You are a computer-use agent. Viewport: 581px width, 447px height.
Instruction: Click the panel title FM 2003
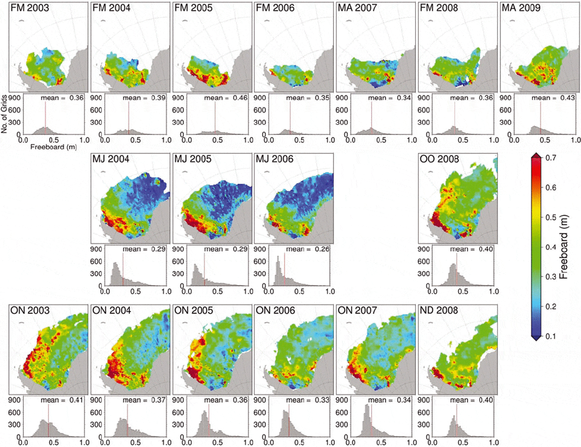click(x=29, y=8)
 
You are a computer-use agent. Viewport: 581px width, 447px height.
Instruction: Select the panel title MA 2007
click(x=357, y=8)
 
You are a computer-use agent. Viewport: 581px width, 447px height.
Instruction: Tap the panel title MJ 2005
click(x=193, y=159)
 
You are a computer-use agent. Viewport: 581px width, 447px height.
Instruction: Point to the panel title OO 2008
click(x=439, y=159)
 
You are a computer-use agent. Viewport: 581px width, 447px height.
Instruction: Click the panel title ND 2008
click(x=439, y=310)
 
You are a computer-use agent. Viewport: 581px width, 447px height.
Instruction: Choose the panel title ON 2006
click(x=275, y=310)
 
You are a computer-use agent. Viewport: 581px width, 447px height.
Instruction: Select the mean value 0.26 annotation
click(x=322, y=249)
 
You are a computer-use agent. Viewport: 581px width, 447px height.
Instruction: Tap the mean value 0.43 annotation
click(x=567, y=98)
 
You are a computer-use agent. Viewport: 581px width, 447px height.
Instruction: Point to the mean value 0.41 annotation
click(x=76, y=400)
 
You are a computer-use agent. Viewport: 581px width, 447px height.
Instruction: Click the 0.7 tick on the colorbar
click(x=551, y=158)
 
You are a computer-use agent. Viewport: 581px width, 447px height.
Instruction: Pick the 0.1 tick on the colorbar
click(x=551, y=336)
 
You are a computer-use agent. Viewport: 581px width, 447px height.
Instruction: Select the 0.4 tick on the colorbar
click(x=551, y=247)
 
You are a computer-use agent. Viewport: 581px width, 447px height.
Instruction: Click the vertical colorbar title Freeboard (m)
click(x=563, y=247)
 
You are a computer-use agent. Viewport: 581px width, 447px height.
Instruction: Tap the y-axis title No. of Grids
click(x=4, y=114)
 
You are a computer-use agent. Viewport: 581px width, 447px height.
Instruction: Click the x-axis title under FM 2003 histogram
click(x=54, y=147)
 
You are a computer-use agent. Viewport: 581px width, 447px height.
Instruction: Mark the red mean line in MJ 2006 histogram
click(x=284, y=270)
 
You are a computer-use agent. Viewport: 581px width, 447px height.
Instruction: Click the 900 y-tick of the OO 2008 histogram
click(x=423, y=249)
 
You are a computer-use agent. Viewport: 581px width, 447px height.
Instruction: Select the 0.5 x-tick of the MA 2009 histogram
click(x=545, y=140)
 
